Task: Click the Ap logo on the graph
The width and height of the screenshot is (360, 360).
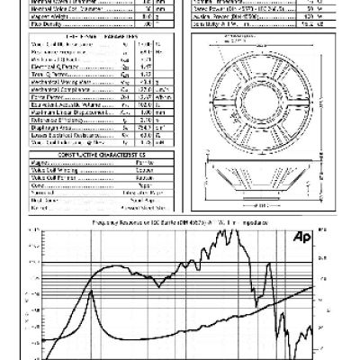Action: (302, 238)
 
